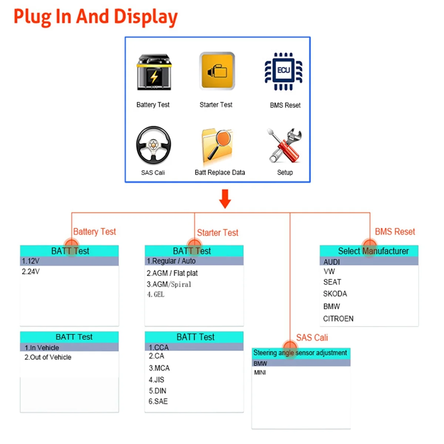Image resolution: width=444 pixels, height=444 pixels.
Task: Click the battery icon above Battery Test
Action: [154, 72]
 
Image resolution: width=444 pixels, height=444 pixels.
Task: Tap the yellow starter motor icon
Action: [217, 71]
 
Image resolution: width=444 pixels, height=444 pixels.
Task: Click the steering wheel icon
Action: [153, 145]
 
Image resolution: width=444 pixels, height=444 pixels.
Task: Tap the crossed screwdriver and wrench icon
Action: [285, 145]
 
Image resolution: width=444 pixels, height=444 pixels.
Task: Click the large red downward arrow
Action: [225, 199]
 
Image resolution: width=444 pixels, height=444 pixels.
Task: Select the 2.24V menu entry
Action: [31, 272]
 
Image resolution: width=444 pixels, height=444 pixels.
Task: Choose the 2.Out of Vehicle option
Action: [48, 357]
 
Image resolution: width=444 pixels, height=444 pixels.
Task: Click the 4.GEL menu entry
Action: [156, 294]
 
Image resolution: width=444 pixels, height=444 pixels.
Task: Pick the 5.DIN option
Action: [157, 391]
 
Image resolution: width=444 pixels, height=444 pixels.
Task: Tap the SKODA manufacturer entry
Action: [335, 293]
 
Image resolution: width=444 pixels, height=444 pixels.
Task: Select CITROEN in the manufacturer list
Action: [338, 319]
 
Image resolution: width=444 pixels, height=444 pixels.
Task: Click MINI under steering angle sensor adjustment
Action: [260, 373]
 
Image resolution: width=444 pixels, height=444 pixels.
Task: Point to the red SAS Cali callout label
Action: [312, 337]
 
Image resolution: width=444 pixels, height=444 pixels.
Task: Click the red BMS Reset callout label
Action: [395, 232]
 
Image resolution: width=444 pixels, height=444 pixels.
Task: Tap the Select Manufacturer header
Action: [373, 251]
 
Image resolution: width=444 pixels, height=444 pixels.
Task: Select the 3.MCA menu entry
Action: [159, 368]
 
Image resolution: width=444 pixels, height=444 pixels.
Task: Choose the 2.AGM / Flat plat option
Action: [172, 273]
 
